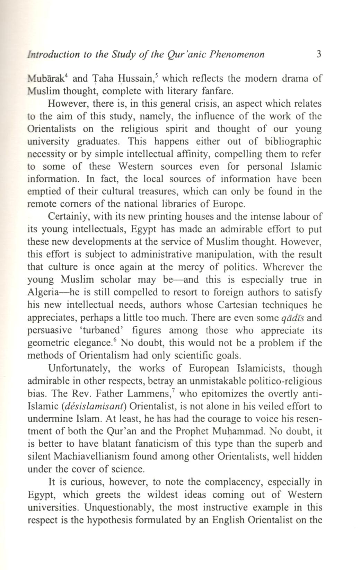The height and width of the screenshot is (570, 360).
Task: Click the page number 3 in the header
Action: tap(319, 54)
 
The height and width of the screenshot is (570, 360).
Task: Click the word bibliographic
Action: tap(293, 142)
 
